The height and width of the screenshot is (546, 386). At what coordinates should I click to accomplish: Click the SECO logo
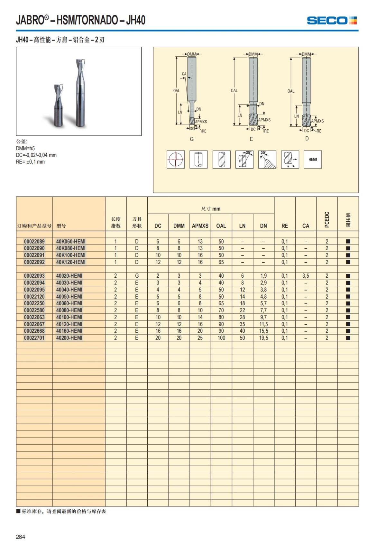pyautogui.click(x=332, y=21)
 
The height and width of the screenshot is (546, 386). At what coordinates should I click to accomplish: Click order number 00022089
pyautogui.click(x=34, y=241)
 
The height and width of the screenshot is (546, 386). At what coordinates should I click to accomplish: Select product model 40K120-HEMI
pyautogui.click(x=71, y=262)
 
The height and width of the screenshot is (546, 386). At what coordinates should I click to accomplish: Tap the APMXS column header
pyautogui.click(x=200, y=226)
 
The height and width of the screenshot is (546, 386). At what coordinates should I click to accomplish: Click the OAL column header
pyautogui.click(x=221, y=226)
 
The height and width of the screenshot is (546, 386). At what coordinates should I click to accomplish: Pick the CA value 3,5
pyautogui.click(x=306, y=276)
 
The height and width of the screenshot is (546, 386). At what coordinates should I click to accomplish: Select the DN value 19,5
pyautogui.click(x=263, y=338)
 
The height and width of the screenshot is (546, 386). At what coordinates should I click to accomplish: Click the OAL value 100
pyautogui.click(x=221, y=338)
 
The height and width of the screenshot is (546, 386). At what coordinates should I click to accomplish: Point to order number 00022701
pyautogui.click(x=34, y=338)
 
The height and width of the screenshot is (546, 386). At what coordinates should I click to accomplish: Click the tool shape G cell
pyautogui.click(x=137, y=276)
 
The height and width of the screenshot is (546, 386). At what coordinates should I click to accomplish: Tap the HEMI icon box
pyautogui.click(x=313, y=159)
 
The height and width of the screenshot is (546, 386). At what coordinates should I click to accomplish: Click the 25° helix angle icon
pyautogui.click(x=244, y=159)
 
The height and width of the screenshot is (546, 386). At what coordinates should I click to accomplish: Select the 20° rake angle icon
pyautogui.click(x=267, y=159)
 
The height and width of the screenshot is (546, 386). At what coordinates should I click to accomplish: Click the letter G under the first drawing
pyautogui.click(x=192, y=139)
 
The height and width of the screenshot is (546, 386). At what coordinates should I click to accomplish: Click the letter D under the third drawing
pyautogui.click(x=307, y=138)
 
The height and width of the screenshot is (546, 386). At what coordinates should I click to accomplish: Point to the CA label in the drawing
pyautogui.click(x=184, y=74)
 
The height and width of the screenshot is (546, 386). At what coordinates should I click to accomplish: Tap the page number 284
pyautogui.click(x=20, y=537)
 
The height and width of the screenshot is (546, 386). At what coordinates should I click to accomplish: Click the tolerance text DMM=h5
pyautogui.click(x=25, y=148)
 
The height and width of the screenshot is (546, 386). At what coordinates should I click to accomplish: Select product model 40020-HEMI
pyautogui.click(x=69, y=276)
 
